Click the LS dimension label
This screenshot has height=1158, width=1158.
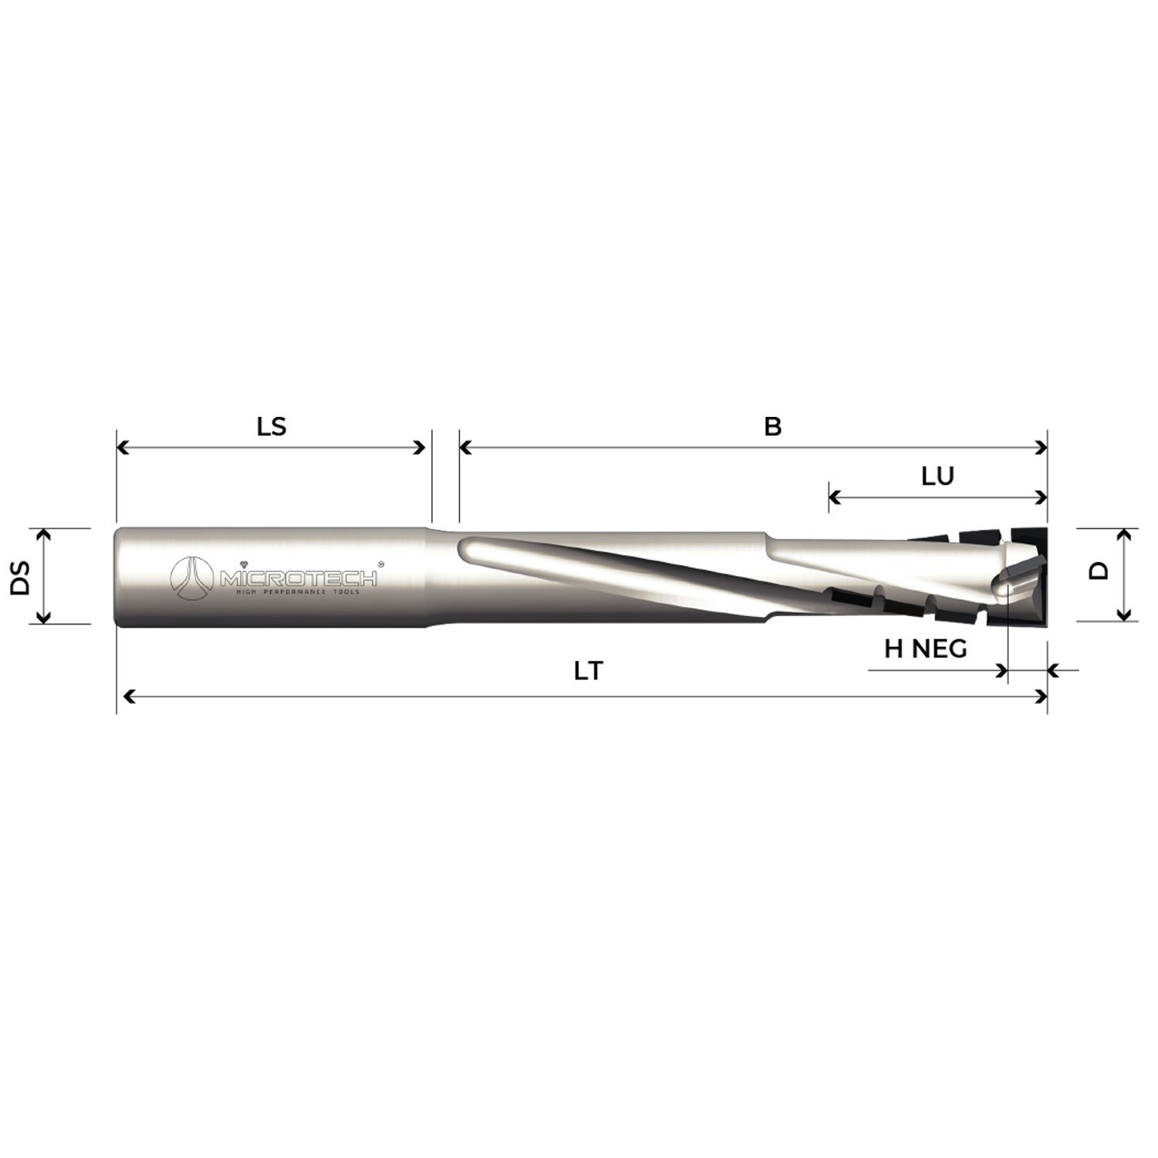click(x=271, y=426)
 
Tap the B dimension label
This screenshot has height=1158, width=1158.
click(x=773, y=426)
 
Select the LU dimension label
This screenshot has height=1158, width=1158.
click(x=938, y=476)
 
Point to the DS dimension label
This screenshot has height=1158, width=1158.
click(x=20, y=577)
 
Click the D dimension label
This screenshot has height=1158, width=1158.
click(x=1099, y=571)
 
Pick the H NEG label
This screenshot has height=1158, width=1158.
click(x=925, y=648)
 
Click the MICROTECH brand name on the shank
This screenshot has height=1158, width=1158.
click(x=299, y=578)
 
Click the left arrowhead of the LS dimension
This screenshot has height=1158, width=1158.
click(x=121, y=448)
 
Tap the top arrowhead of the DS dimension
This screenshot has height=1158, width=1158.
click(x=44, y=533)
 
